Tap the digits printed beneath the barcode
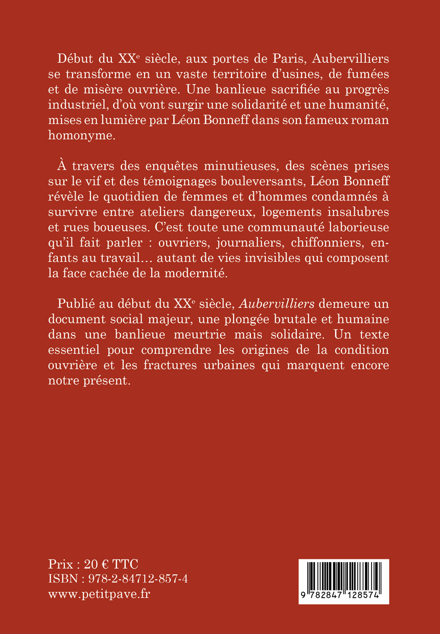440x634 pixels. [x=344, y=595]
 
